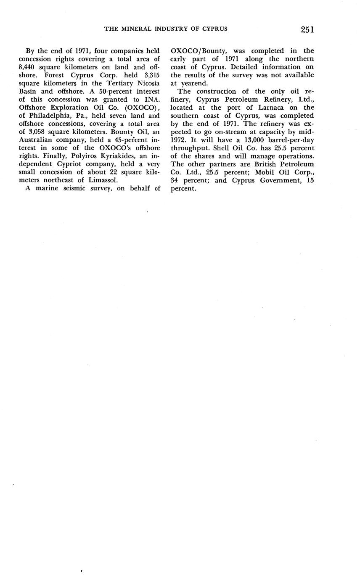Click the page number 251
(307, 29)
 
